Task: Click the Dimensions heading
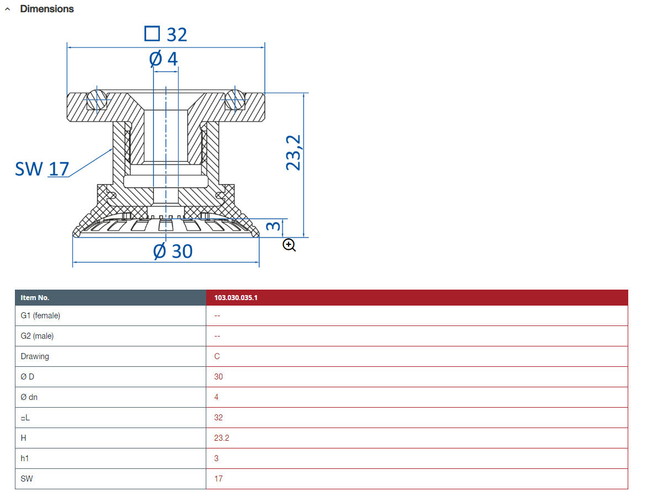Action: point(47,9)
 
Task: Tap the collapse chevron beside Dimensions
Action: point(7,9)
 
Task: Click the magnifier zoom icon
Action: point(290,245)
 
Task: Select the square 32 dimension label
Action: point(165,34)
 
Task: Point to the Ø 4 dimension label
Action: point(164,58)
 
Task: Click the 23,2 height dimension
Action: point(294,153)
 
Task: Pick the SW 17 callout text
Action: point(42,169)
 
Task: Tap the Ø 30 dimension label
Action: point(173,252)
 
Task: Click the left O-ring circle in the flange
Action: point(97,99)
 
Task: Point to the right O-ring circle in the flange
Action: point(234,99)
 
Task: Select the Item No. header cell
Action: point(35,298)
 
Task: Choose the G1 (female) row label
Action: point(40,316)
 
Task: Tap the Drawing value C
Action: point(217,356)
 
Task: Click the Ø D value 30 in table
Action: point(218,377)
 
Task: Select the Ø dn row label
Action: point(29,397)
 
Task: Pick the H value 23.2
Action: point(222,438)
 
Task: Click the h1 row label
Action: point(25,458)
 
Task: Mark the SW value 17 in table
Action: point(218,479)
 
